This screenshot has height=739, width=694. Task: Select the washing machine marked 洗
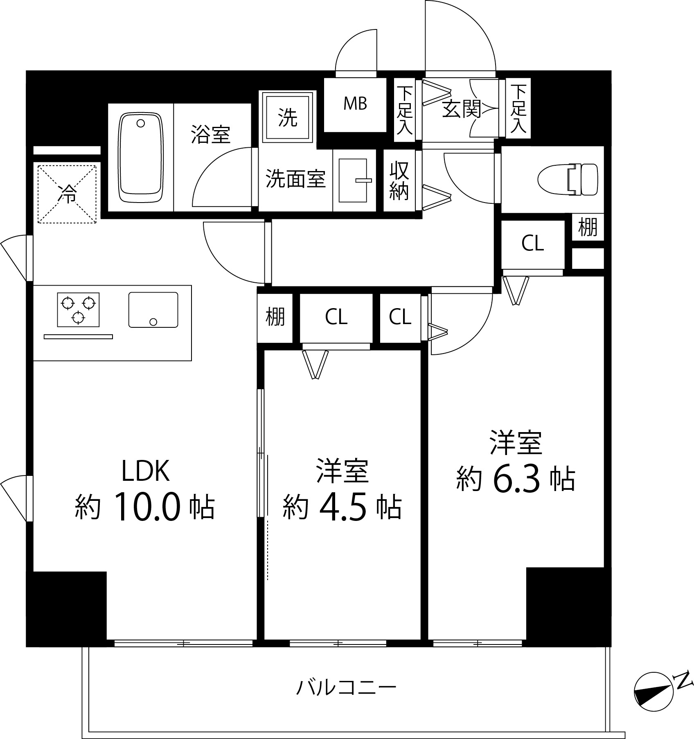click(288, 118)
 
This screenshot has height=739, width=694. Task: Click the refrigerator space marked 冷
click(68, 194)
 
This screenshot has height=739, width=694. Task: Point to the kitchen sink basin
click(153, 310)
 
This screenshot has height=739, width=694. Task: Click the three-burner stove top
click(78, 309)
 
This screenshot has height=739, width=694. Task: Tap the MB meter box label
click(355, 104)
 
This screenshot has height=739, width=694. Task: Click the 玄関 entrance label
click(461, 109)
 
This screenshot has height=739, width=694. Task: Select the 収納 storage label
click(399, 180)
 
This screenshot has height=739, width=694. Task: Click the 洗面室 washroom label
click(295, 179)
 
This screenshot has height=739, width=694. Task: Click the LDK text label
click(145, 471)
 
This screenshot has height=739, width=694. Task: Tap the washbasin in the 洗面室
click(354, 180)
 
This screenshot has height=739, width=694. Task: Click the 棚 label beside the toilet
click(588, 227)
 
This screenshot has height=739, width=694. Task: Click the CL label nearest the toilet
click(532, 244)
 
